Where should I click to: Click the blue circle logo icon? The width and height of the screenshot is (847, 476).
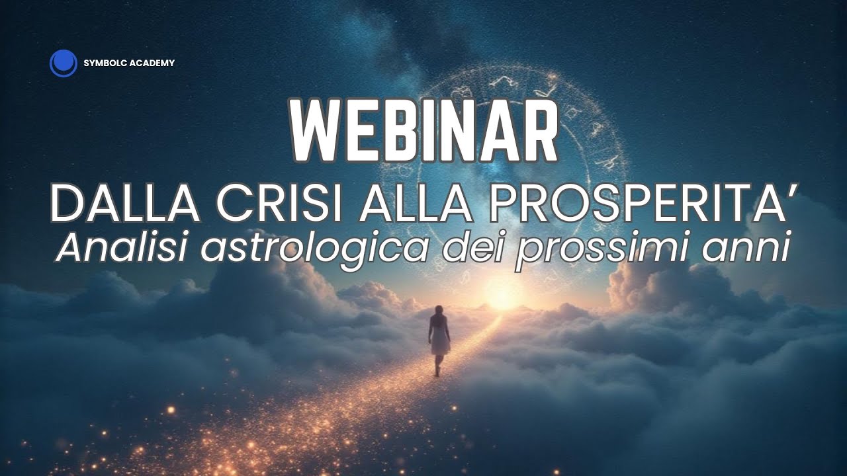point(64,63)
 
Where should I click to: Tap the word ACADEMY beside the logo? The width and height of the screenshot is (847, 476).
point(153,63)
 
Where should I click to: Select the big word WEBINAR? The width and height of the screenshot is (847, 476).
point(423,131)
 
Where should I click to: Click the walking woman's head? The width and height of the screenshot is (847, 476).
point(438,311)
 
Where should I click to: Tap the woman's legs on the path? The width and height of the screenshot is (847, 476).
point(438,364)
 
